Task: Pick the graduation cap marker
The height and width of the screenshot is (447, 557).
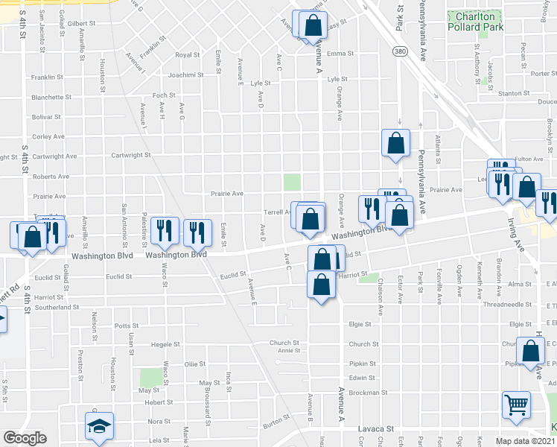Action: (99, 426)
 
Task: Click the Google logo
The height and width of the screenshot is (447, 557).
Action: (25, 437)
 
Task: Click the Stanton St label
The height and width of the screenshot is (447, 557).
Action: (513, 94)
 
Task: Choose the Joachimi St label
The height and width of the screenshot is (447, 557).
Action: (185, 75)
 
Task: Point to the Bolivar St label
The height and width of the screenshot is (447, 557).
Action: (45, 117)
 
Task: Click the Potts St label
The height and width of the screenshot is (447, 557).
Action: (127, 326)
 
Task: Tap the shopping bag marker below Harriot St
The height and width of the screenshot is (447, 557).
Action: (320, 285)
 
